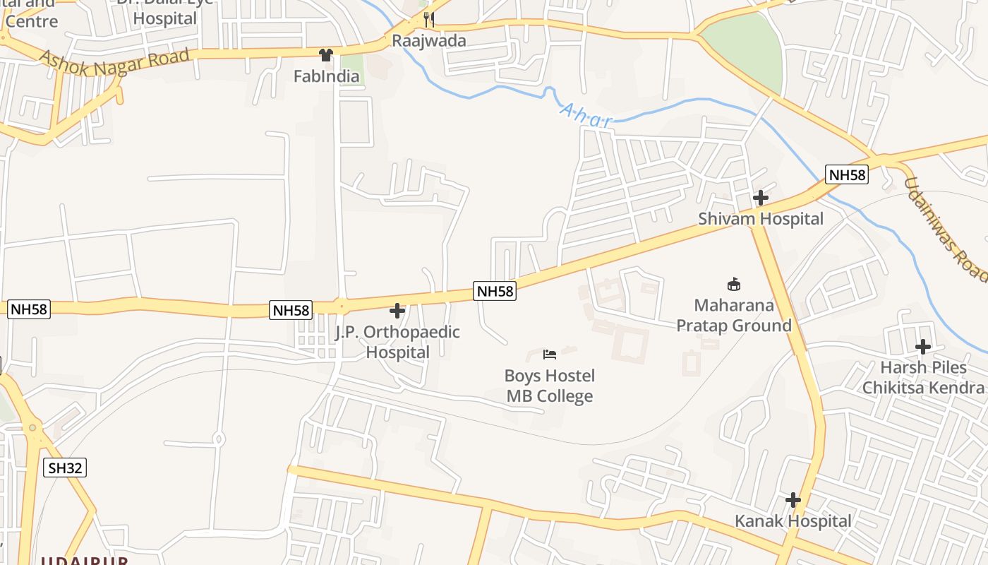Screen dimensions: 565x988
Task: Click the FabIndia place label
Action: [326, 76]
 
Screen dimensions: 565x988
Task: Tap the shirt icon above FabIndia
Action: [325, 55]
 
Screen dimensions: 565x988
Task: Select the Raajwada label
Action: [429, 40]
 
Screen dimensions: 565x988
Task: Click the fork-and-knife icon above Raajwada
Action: [428, 20]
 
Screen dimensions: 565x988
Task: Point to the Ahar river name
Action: [586, 116]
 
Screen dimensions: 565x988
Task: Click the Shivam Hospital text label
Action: [761, 219]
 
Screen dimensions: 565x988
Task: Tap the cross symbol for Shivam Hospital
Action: [760, 198]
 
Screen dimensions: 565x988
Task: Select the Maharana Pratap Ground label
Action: [734, 316]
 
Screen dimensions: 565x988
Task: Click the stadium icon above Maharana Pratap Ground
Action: [734, 285]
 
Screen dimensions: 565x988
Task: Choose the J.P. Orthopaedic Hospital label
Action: [397, 342]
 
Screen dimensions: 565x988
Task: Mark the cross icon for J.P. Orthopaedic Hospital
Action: [397, 311]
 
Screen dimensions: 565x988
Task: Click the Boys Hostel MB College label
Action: [550, 386]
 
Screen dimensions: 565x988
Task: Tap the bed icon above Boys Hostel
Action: [550, 354]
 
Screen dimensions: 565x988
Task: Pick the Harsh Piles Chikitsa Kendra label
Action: [923, 378]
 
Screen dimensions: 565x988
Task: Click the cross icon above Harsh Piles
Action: [922, 347]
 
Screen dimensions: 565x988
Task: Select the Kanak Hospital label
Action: [793, 521]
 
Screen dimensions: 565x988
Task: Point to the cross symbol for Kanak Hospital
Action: [793, 501]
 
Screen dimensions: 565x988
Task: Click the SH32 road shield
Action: [65, 468]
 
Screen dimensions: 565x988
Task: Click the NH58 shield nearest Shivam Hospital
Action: [846, 175]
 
